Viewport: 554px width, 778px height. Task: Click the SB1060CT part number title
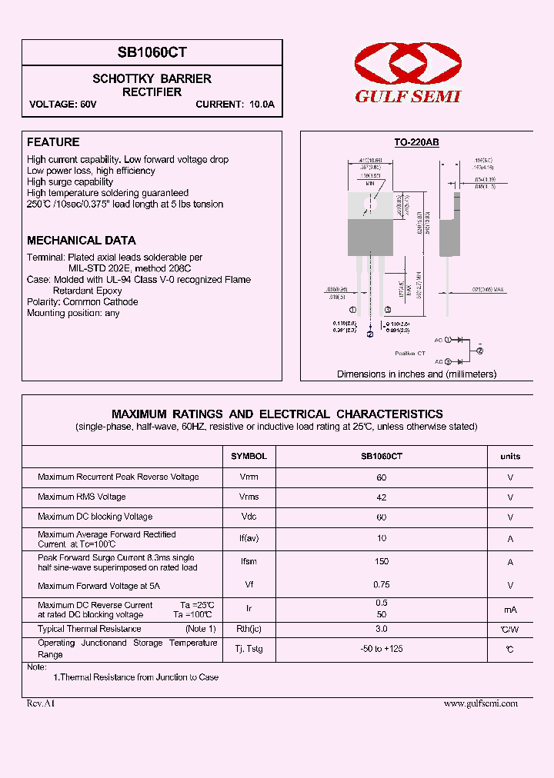(x=152, y=52)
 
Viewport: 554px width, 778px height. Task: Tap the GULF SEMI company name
(x=407, y=96)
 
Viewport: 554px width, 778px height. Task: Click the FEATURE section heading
(x=53, y=142)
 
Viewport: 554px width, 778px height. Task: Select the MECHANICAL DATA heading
(x=81, y=241)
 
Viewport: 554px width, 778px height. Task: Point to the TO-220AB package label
(x=416, y=142)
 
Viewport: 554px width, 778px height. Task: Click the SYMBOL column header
(x=249, y=456)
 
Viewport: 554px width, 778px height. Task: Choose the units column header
(x=510, y=456)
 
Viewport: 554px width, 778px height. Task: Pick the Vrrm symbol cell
(x=249, y=477)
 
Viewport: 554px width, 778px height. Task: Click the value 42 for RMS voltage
(x=382, y=497)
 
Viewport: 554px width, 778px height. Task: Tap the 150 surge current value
(x=382, y=562)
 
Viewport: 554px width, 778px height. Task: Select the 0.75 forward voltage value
(x=382, y=584)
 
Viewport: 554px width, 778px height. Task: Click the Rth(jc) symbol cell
(x=249, y=630)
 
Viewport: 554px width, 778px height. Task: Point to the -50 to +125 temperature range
(x=382, y=649)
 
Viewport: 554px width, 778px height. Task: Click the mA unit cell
(x=510, y=610)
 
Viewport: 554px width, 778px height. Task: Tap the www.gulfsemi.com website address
(x=481, y=703)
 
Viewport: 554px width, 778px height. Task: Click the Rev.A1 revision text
(x=41, y=703)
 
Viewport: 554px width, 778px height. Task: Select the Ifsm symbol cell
(x=249, y=562)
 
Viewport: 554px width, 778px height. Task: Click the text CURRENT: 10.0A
(x=235, y=105)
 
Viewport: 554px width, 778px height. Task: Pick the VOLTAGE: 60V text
(x=63, y=105)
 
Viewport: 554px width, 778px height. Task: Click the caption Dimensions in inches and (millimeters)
(x=416, y=374)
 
